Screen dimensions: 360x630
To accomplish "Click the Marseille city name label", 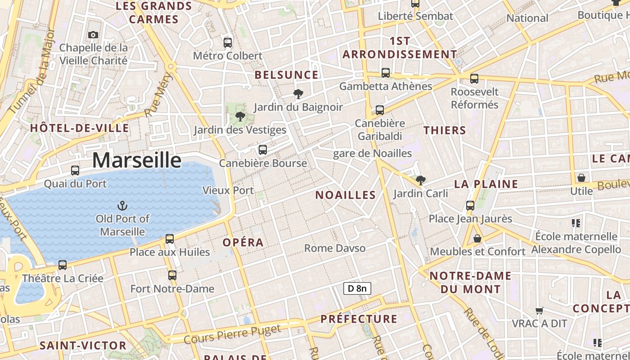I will (137, 161).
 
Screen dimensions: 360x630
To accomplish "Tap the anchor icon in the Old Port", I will (122, 206).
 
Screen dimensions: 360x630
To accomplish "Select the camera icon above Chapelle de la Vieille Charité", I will (93, 35).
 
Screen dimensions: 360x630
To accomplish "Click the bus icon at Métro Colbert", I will (228, 43).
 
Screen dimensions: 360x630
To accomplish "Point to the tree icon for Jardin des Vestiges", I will (240, 117).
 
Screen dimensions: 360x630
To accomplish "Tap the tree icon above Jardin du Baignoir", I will (297, 94).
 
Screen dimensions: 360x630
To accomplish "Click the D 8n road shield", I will (357, 288).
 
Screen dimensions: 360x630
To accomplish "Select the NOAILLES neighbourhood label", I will (346, 195).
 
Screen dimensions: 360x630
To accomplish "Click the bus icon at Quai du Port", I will (75, 171).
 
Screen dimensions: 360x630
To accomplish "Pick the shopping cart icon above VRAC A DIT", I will (539, 310).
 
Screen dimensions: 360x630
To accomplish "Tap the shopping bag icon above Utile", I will (581, 178).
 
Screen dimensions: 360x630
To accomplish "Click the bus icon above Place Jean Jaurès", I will (470, 206).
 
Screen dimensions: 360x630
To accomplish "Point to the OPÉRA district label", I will (243, 243).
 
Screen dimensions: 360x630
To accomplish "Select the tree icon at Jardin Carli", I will (421, 180).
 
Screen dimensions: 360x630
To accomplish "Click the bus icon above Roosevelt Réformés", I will (474, 79).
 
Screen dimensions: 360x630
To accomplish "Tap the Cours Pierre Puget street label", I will (238, 333).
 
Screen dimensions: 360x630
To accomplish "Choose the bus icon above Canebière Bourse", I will (263, 150).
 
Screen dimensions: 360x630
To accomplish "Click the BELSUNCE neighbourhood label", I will (287, 75).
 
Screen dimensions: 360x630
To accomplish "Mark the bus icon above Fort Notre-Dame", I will (172, 275).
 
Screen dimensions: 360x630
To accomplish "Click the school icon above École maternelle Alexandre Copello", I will (576, 223).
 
